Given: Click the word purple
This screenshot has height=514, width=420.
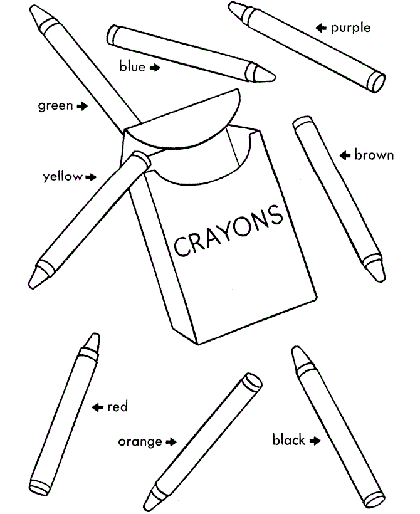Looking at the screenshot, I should click(x=350, y=28).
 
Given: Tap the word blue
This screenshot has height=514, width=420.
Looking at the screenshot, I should click(x=132, y=66).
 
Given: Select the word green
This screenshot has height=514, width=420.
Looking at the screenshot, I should click(x=56, y=106).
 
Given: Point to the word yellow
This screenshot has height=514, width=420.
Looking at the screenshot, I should click(x=62, y=177).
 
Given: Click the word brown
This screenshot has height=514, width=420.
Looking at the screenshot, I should click(x=374, y=155).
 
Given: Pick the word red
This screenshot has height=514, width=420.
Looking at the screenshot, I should click(x=117, y=407).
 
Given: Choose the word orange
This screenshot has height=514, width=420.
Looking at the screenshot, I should click(x=140, y=442).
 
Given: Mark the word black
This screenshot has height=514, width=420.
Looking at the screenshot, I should click(x=288, y=440).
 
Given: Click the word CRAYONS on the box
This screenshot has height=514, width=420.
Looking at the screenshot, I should click(x=228, y=231).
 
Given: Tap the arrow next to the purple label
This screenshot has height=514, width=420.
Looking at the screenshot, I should click(x=321, y=28).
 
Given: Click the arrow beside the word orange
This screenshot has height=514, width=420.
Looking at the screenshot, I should click(x=171, y=442).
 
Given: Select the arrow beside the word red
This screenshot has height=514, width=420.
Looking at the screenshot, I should click(x=98, y=408).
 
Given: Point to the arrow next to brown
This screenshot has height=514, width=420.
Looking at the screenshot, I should click(x=345, y=155).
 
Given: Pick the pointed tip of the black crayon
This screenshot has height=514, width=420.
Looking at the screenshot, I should click(x=295, y=352).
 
